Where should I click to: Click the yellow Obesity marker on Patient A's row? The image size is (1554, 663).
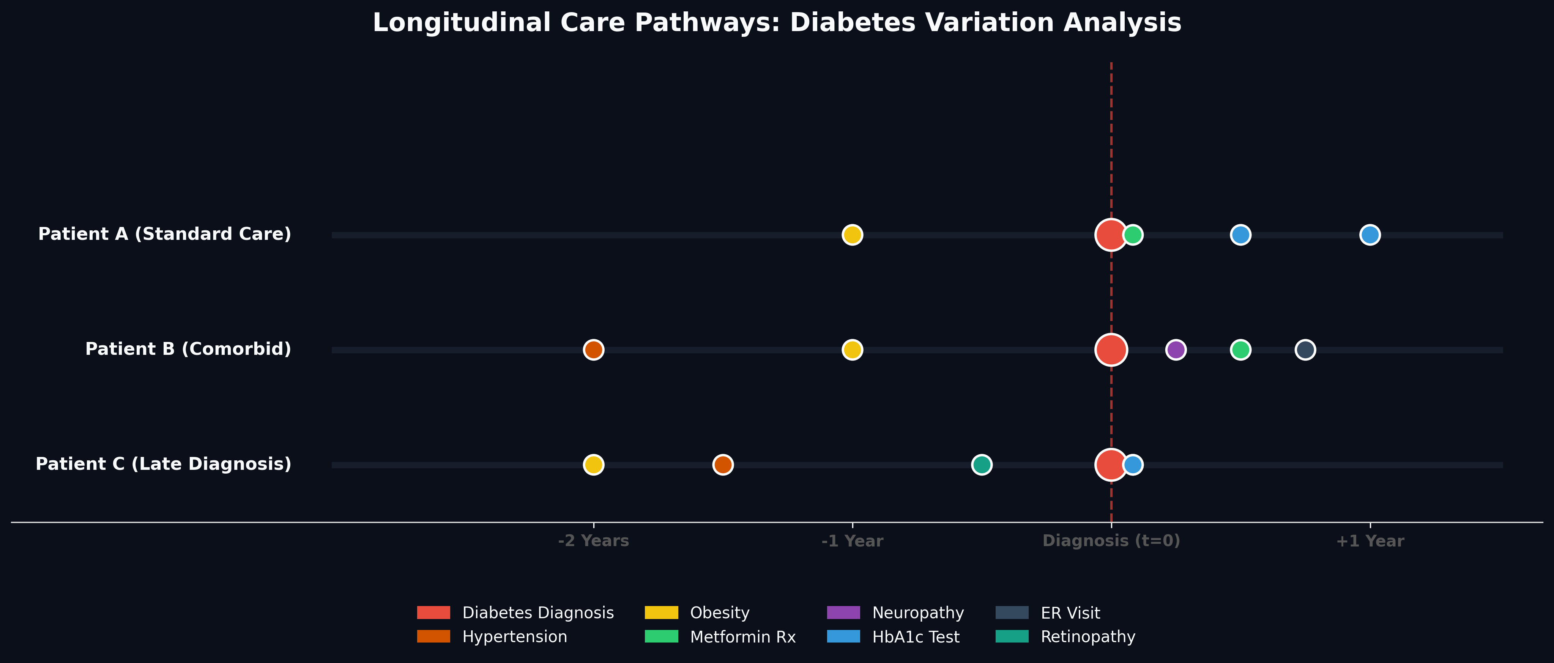coord(852,235)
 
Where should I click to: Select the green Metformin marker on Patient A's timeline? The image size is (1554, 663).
coord(1133,235)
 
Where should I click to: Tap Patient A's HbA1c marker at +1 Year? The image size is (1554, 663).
coord(1370,235)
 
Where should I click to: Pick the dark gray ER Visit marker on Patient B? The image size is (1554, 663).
coord(1305,350)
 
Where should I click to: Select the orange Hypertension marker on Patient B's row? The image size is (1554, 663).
coord(594,350)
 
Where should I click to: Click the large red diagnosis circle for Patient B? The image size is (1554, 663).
coord(1111,350)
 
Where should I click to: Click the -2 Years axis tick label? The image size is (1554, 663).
coord(594,541)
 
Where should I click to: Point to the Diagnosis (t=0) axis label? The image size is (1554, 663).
coord(1111,541)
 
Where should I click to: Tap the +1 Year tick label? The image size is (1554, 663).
coord(1370,541)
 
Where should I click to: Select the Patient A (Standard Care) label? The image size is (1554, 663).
coord(165,234)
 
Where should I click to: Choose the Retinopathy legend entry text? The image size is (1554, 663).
coord(1087,637)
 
